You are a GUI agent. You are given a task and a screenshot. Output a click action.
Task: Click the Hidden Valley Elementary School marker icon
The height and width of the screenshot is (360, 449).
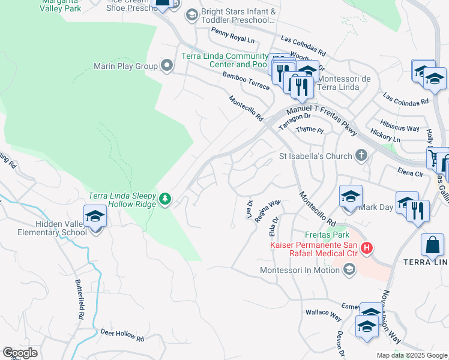95,216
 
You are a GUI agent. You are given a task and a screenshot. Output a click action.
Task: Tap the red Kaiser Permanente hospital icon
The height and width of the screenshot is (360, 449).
366,247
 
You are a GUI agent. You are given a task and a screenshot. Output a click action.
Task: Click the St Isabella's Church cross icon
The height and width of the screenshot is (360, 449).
361,155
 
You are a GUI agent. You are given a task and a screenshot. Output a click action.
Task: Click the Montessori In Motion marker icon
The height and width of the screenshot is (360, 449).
349,270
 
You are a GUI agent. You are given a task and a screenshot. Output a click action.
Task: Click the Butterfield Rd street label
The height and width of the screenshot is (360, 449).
80,299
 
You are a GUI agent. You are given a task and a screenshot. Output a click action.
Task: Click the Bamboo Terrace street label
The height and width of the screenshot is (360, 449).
246,81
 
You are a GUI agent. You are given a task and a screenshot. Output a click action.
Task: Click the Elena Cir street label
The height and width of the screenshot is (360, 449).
411,173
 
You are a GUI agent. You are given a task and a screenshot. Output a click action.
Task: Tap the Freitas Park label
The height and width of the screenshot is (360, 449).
310,235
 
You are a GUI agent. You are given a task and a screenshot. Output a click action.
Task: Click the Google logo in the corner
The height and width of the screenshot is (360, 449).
20,353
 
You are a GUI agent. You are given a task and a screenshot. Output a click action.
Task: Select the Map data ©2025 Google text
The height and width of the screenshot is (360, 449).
411,355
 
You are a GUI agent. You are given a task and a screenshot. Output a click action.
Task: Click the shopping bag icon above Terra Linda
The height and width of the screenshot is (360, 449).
432,245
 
